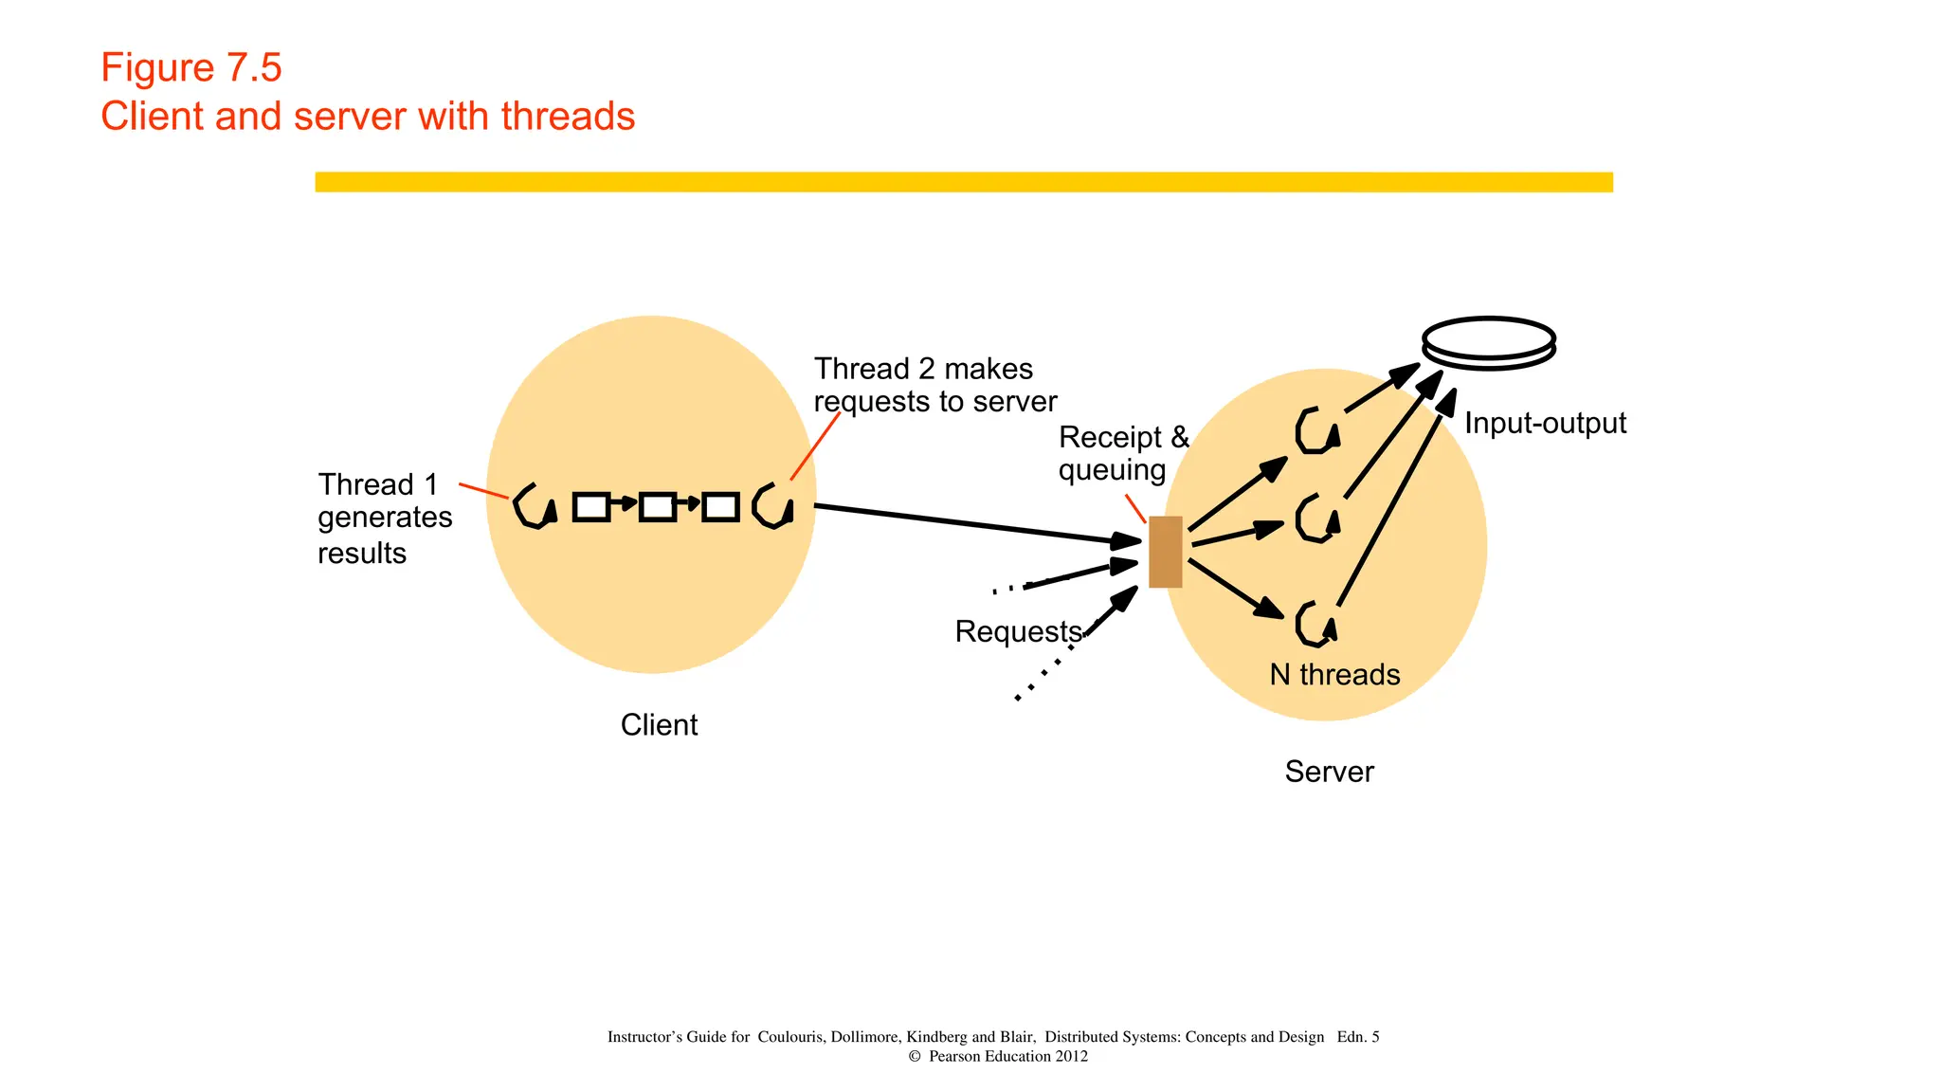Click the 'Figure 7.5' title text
point(190,68)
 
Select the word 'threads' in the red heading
point(568,117)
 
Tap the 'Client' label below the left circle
point(659,725)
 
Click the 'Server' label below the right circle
point(1329,772)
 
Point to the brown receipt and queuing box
point(1165,552)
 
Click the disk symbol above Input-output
point(1489,341)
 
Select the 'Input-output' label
point(1545,423)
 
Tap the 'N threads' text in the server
point(1334,675)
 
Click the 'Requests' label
point(1018,631)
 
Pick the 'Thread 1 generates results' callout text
point(384,518)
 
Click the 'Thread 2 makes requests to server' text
point(934,385)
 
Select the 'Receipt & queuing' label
point(1122,453)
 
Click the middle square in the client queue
point(657,507)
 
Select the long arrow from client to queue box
point(976,524)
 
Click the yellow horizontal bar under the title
point(963,182)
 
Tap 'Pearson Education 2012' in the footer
point(1007,1056)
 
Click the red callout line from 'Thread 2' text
point(815,446)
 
